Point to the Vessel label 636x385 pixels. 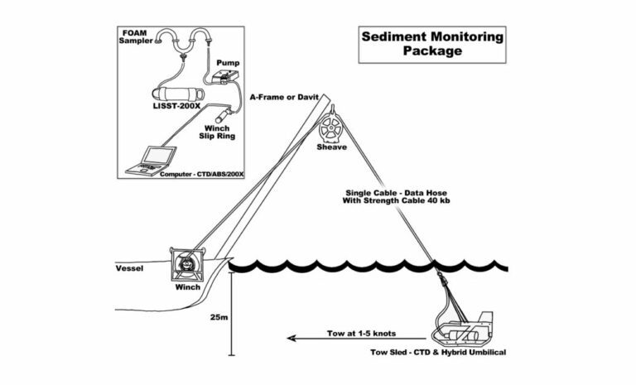(130, 268)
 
